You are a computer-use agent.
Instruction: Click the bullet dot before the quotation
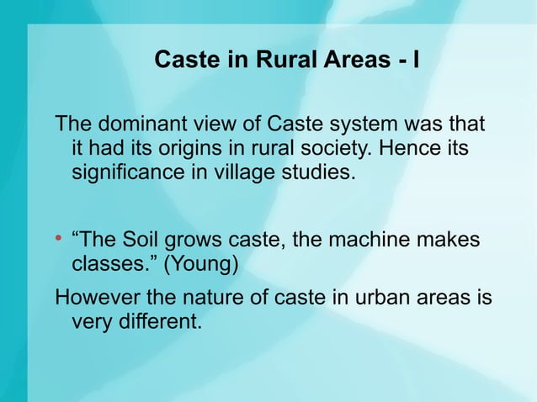pyautogui.click(x=59, y=241)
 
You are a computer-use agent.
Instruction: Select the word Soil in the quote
pyautogui.click(x=144, y=241)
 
